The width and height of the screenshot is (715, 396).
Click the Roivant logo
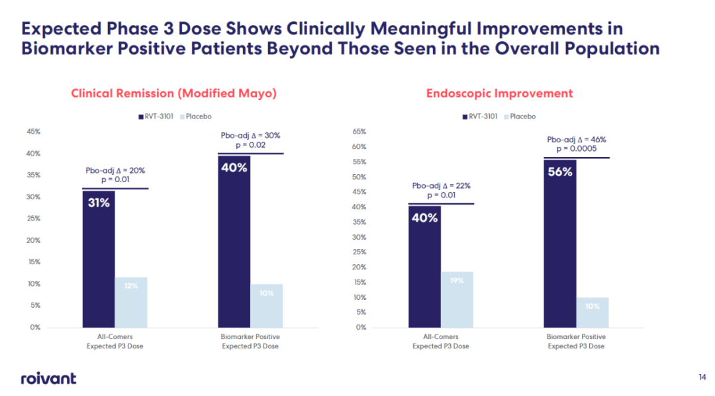[x=48, y=378]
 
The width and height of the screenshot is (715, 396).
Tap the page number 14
[x=702, y=377]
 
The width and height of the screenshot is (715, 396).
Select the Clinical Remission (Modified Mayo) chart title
[x=173, y=93]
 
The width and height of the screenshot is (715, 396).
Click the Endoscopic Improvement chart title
[x=500, y=93]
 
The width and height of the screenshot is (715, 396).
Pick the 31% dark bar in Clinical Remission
[x=99, y=258]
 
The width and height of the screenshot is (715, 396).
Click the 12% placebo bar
[x=131, y=302]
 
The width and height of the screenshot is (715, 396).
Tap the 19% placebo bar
[x=457, y=299]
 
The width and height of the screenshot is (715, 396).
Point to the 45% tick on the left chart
[x=32, y=132]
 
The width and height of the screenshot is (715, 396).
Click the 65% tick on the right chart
[x=359, y=132]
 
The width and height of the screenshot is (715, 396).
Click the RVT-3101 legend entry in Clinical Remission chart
[x=157, y=117]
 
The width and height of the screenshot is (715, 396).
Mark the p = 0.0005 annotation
[x=577, y=149]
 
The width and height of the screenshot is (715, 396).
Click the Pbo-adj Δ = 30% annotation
[x=250, y=135]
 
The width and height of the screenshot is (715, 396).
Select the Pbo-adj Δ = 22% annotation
[x=441, y=186]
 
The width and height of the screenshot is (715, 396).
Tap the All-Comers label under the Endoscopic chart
[x=441, y=337]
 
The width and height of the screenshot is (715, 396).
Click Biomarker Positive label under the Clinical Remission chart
[x=250, y=337]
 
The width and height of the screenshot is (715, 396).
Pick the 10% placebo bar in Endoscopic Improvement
[x=593, y=312]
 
